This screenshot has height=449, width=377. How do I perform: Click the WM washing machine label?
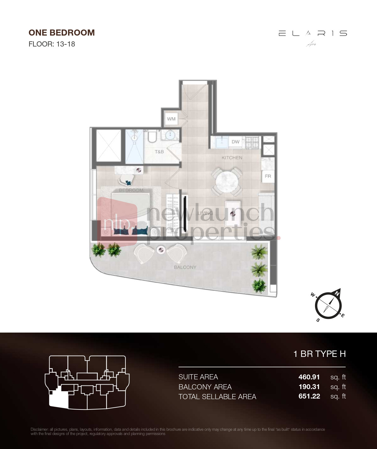[x=171, y=119]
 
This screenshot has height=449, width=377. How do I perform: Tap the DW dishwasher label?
[x=235, y=142]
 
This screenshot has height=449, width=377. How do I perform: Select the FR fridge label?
[x=268, y=176]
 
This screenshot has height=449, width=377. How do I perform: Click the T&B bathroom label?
[x=159, y=151]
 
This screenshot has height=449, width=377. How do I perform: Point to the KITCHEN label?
[x=232, y=158]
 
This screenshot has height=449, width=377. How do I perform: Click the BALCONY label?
[x=185, y=267]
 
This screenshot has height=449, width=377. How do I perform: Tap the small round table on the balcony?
[x=161, y=250]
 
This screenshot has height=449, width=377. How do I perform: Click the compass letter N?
[x=337, y=293]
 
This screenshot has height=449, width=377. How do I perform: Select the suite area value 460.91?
[x=309, y=377]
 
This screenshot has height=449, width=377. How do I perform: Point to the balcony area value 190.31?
[x=309, y=387]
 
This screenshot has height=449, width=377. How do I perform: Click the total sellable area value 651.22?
[x=309, y=396]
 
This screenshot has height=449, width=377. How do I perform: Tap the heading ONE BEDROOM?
[x=62, y=33]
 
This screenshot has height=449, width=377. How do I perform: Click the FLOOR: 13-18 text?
[x=52, y=44]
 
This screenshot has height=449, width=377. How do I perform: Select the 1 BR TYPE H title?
[x=320, y=354]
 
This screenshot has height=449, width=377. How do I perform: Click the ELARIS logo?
[x=313, y=33]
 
